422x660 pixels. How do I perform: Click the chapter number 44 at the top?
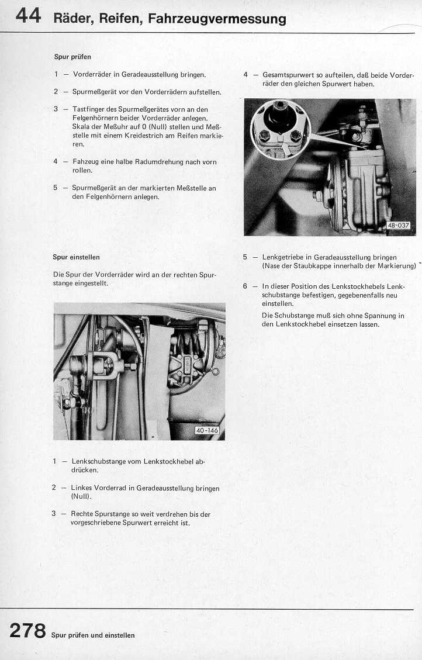click(28, 16)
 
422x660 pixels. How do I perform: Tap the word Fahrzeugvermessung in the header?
click(217, 19)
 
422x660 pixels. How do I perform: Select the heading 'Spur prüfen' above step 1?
click(72, 57)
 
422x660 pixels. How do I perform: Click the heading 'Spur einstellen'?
click(76, 257)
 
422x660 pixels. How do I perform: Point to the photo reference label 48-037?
click(399, 225)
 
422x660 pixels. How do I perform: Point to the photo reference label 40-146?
click(207, 431)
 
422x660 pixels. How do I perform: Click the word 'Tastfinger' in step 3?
click(87, 109)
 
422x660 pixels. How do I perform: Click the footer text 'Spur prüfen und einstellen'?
click(93, 635)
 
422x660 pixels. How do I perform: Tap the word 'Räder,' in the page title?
click(72, 19)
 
